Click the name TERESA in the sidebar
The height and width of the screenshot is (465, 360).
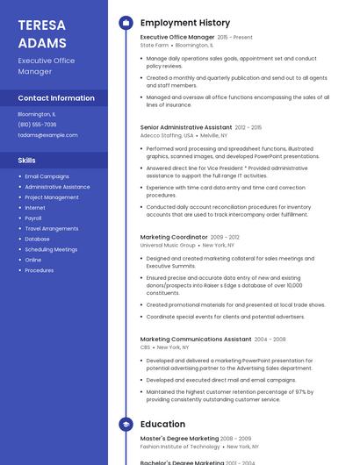point(42,25)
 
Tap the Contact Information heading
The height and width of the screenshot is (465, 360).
point(56,98)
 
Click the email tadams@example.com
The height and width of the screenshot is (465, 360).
point(47,135)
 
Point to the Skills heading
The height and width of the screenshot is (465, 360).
point(27,161)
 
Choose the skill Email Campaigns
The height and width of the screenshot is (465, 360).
point(47,176)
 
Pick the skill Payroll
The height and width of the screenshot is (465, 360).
point(33,218)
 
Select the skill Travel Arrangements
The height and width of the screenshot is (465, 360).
point(51,228)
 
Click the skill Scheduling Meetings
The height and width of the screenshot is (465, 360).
point(51,249)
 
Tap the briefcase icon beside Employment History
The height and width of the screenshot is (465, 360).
point(126,23)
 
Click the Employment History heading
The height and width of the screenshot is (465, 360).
point(185,23)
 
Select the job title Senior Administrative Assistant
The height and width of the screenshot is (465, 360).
point(186,127)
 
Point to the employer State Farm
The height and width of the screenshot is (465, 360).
point(155,45)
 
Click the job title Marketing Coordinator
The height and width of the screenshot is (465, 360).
point(174,237)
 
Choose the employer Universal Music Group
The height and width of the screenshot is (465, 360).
point(167,245)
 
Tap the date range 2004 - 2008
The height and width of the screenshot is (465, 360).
point(270,339)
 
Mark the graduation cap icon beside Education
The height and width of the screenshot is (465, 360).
point(126,425)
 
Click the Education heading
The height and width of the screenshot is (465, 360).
point(162,425)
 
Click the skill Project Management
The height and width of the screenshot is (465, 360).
point(52,197)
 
